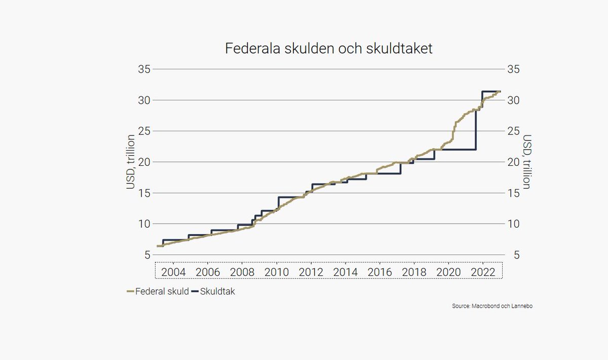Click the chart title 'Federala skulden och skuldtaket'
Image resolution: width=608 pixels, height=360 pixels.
click(x=328, y=49)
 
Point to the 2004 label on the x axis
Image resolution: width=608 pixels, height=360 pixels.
click(x=173, y=272)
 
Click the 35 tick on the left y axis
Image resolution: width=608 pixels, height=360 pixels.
click(x=143, y=69)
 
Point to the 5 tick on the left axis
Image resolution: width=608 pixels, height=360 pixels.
click(x=146, y=255)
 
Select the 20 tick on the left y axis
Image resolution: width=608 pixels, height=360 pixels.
click(x=143, y=162)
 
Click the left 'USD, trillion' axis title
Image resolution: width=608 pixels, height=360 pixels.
click(x=130, y=162)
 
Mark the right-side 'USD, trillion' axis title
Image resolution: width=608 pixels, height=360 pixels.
click(x=527, y=162)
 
